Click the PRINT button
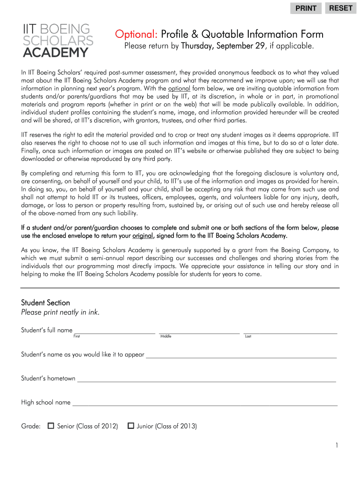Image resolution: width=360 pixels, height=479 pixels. point(306,8)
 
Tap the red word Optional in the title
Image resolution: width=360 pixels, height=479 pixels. point(137,35)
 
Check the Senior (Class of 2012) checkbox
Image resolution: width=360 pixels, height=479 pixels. point(51,426)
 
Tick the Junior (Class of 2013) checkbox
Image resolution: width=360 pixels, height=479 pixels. point(131,426)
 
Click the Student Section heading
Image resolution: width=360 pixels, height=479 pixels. point(45,303)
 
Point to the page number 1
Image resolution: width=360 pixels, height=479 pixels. point(336,445)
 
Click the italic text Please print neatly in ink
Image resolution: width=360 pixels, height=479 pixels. point(60,312)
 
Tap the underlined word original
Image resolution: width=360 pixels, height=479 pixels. point(143,235)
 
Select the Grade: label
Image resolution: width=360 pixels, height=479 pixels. point(31,426)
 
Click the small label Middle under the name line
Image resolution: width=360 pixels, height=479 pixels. point(166,336)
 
